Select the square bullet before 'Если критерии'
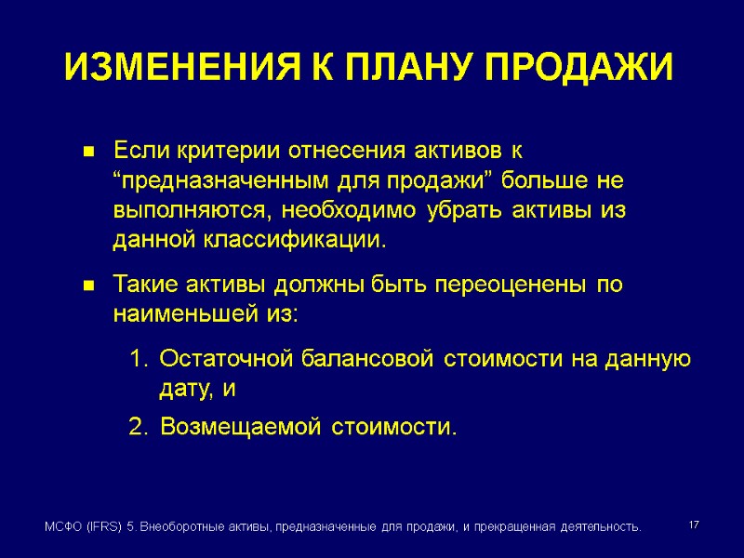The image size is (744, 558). [x=90, y=151]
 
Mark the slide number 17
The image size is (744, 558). [x=693, y=526]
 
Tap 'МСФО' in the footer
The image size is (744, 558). [x=62, y=527]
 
